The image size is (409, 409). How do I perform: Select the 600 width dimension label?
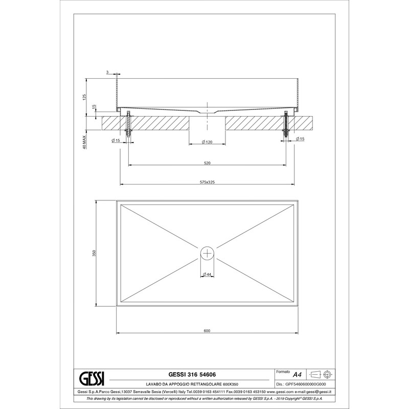pyautogui.click(x=207, y=331)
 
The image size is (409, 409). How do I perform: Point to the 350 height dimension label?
pyautogui.click(x=95, y=253)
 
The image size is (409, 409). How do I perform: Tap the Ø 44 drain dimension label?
pyautogui.click(x=207, y=274)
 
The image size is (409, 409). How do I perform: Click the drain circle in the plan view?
pyautogui.click(x=208, y=253)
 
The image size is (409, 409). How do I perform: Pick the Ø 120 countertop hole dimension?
pyautogui.click(x=207, y=142)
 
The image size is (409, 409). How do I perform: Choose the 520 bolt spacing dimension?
pyautogui.click(x=207, y=163)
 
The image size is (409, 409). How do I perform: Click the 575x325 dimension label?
pyautogui.click(x=207, y=182)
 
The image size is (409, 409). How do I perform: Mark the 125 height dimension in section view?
pyautogui.click(x=84, y=97)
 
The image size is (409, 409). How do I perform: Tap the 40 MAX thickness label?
pyautogui.click(x=84, y=142)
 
